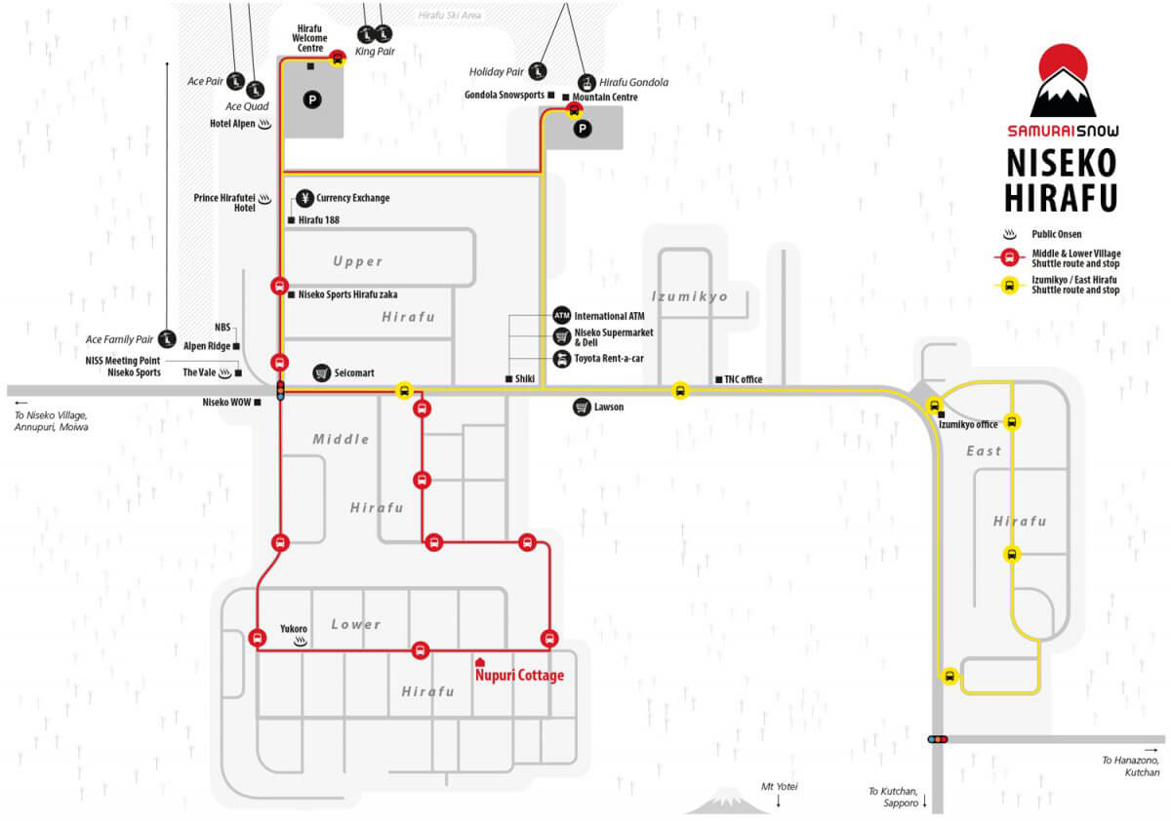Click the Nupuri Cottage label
tap(519, 675)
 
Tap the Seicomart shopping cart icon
tap(321, 372)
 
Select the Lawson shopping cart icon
tap(582, 407)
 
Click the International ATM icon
tap(561, 316)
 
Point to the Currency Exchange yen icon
tap(304, 198)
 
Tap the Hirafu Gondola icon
tap(587, 83)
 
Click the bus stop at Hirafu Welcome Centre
tap(338, 58)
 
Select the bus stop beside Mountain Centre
tap(574, 110)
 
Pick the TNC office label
tap(743, 379)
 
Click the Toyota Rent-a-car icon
tap(561, 359)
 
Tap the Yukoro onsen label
tap(294, 629)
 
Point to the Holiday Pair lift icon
tap(538, 71)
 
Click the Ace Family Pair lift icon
tap(167, 339)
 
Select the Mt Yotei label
tap(779, 787)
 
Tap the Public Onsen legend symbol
tap(1009, 234)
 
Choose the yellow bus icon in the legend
tap(1009, 286)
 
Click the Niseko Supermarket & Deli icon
tap(561, 336)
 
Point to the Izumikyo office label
tap(968, 424)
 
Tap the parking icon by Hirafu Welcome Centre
tap(312, 99)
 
